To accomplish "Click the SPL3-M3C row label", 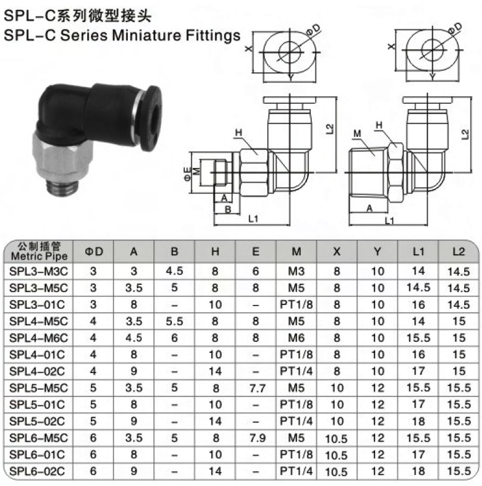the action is (38, 272).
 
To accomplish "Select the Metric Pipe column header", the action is (39, 257).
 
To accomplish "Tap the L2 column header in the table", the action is (459, 251).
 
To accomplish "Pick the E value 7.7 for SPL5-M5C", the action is (257, 388).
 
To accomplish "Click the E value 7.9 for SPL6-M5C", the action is (257, 438).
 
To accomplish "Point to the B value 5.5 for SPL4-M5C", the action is (174, 321).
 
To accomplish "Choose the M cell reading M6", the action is (296, 338).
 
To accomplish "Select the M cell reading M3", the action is (296, 272).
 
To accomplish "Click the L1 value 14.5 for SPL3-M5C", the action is (418, 288).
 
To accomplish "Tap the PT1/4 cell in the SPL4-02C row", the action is (296, 371).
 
